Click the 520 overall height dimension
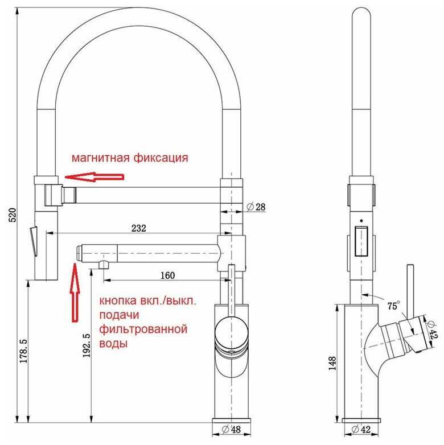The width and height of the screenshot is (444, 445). (x=13, y=215)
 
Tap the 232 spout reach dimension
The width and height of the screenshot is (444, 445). (x=138, y=228)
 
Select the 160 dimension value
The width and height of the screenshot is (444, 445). (x=167, y=275)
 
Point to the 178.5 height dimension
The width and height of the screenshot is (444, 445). (x=23, y=351)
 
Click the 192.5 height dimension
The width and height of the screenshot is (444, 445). (x=87, y=345)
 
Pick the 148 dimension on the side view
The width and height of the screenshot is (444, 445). (x=332, y=363)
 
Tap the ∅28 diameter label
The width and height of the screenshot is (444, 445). (x=256, y=207)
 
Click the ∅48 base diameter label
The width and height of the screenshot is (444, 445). (x=231, y=430)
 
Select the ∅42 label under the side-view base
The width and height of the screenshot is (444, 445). (x=361, y=430)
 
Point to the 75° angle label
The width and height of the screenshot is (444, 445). (x=393, y=306)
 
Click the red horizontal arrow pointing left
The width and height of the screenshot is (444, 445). (x=94, y=177)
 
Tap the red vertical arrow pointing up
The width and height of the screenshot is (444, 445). (x=75, y=292)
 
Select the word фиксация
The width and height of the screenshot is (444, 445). (x=161, y=158)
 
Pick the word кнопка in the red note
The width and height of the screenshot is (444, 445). (x=118, y=300)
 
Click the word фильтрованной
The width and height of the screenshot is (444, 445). (x=143, y=329)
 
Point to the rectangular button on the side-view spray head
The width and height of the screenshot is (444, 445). (x=361, y=241)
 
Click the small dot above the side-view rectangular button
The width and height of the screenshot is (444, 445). (x=361, y=221)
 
